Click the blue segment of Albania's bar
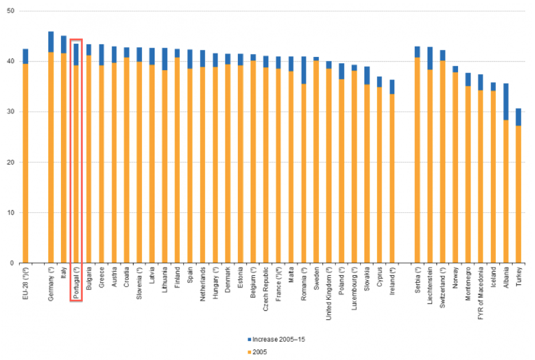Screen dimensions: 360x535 tap(506, 101)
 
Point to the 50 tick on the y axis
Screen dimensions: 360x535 tap(13, 11)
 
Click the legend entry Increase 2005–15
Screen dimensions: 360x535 tap(279, 339)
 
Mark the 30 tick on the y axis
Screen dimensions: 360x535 tap(13, 112)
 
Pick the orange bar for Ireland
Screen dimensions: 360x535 tap(392, 178)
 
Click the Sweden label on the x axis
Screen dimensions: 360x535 tap(316, 278)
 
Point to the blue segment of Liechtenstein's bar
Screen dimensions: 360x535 tap(430, 58)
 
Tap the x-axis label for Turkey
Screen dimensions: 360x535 tap(518, 277)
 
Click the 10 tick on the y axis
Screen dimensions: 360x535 tap(13, 213)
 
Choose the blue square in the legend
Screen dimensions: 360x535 tap(249, 339)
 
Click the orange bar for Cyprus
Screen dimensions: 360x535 tap(379, 175)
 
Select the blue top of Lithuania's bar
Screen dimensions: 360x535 tap(164, 59)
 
